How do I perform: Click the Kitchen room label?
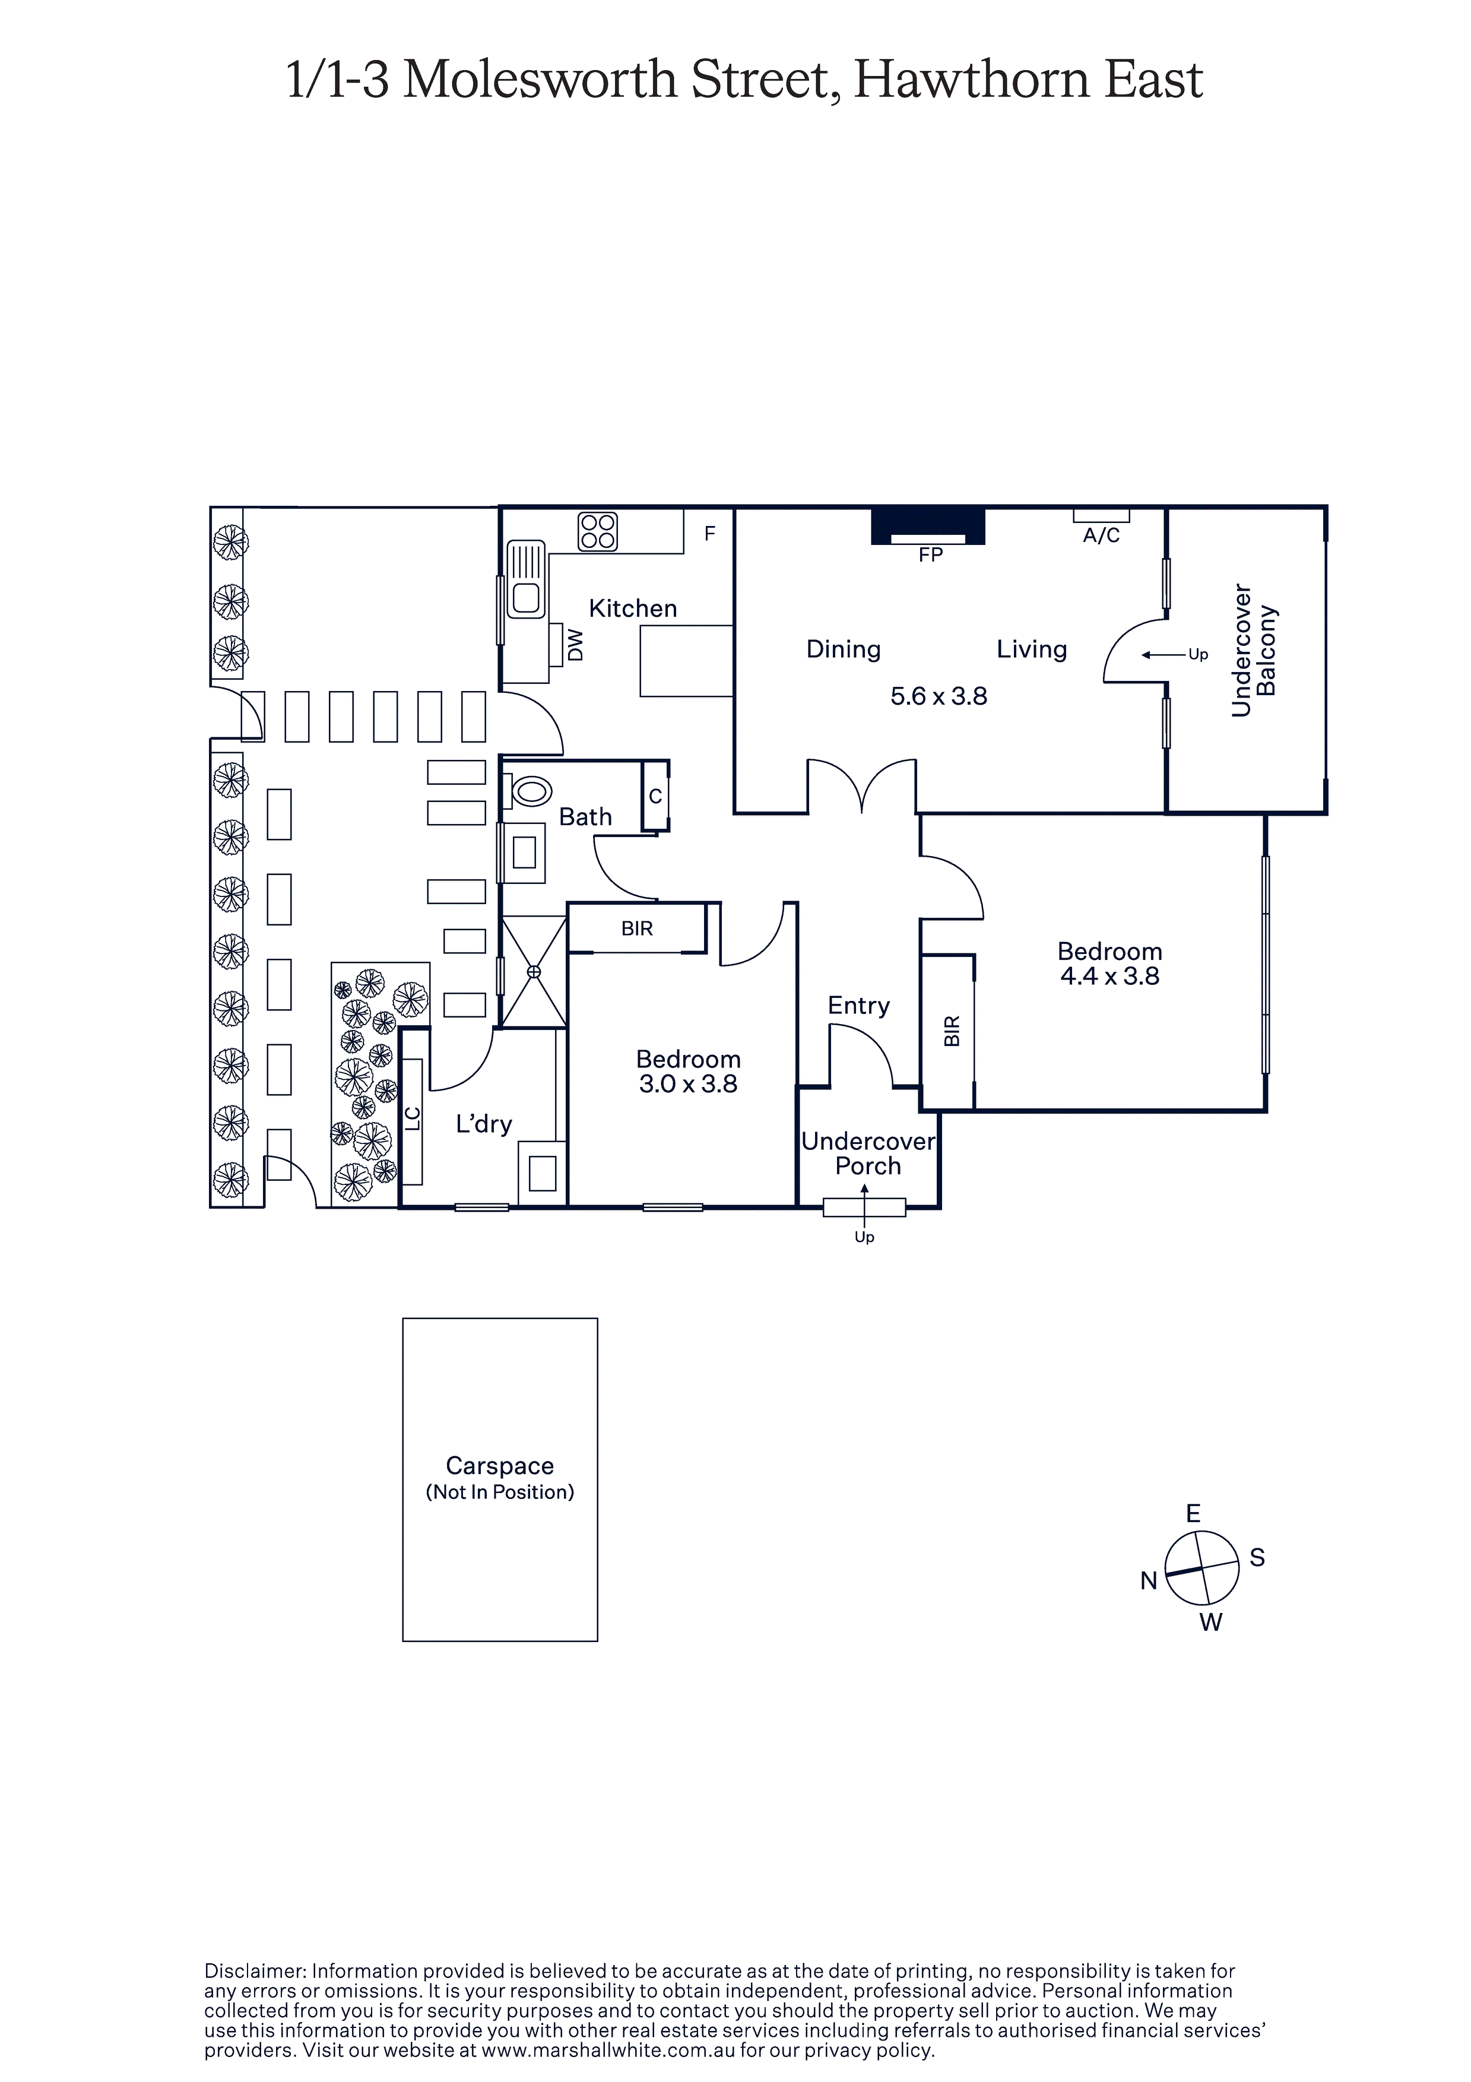coord(633,609)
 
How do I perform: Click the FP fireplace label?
coord(930,555)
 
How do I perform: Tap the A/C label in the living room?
coord(1101,536)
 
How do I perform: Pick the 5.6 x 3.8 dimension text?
coord(939,696)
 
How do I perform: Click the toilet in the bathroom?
coord(529,791)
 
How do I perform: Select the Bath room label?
coord(585,817)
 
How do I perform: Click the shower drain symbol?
coord(534,972)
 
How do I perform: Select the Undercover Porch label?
coord(868,1154)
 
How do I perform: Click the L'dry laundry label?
coord(484,1124)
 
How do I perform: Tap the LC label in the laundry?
coord(413,1119)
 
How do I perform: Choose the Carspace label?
coord(500,1466)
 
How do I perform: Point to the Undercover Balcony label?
coord(1254,650)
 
